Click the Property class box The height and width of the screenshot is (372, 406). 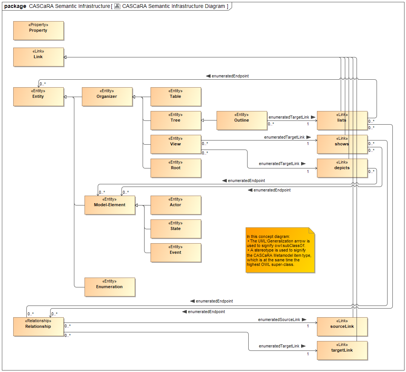pyautogui.click(x=38, y=31)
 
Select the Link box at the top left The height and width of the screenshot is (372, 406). pyautogui.click(x=38, y=57)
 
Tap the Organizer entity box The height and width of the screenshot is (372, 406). pyautogui.click(x=107, y=97)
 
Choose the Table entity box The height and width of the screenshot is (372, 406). pyautogui.click(x=175, y=97)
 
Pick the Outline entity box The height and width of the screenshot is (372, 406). pyautogui.click(x=241, y=120)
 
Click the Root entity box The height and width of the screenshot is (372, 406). pyautogui.click(x=175, y=168)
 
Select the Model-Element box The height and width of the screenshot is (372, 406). pyautogui.click(x=109, y=205)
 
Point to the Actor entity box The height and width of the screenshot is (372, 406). pyautogui.click(x=175, y=205)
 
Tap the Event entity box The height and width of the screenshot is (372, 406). pyautogui.click(x=175, y=253)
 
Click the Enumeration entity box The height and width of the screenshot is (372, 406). pyautogui.click(x=109, y=287)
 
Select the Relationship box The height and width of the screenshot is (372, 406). pyautogui.click(x=38, y=327)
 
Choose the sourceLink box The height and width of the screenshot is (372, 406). pyautogui.click(x=342, y=327)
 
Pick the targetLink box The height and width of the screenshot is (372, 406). pyautogui.click(x=342, y=350)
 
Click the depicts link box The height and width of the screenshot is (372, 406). pyautogui.click(x=342, y=168)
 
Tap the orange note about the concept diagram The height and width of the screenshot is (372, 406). pyautogui.click(x=280, y=250)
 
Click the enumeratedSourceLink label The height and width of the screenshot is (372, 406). pyautogui.click(x=279, y=320)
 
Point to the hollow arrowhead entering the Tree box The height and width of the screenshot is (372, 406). pyautogui.click(x=203, y=120)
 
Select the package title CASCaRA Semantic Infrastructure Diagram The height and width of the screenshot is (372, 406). pyautogui.click(x=173, y=6)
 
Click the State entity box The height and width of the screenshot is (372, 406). pyautogui.click(x=175, y=229)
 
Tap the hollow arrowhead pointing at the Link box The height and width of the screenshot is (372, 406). pyautogui.click(x=66, y=57)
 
